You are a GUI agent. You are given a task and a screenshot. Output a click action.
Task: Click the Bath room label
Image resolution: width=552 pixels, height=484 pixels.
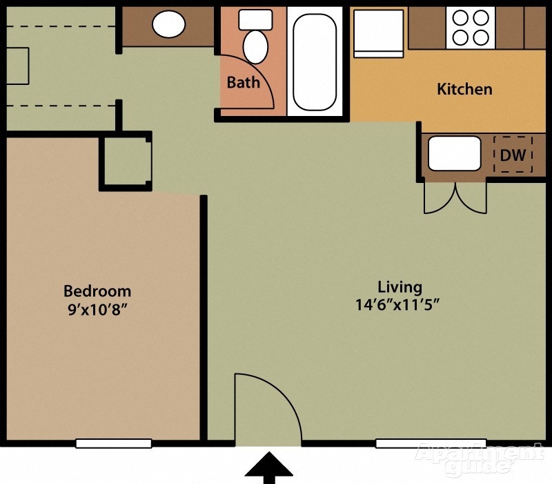tap(244, 82)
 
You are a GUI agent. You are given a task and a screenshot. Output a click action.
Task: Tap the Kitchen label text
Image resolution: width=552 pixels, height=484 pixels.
tap(464, 89)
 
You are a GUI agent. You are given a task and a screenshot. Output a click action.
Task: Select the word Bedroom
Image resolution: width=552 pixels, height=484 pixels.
tap(97, 291)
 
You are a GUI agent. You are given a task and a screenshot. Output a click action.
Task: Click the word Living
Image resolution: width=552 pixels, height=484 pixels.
tap(400, 287)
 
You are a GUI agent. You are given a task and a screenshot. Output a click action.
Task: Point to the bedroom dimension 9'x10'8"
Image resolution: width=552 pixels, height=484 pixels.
tap(97, 309)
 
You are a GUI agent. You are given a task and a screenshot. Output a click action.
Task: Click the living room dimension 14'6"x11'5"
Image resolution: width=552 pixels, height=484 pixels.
tap(398, 304)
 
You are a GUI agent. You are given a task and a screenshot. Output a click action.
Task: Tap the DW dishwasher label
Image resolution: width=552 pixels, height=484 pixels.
tap(513, 155)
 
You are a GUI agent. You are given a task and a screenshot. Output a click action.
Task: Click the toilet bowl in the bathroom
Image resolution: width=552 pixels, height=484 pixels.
tap(255, 47)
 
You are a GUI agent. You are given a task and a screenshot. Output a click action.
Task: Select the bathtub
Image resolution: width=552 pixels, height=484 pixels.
tap(315, 61)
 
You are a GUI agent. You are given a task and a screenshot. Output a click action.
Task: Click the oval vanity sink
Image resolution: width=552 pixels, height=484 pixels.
tap(168, 24)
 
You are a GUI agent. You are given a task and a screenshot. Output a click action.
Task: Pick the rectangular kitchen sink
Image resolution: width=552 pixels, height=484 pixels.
tap(455, 153)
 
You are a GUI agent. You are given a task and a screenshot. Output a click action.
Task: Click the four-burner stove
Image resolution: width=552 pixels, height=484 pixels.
tap(471, 28)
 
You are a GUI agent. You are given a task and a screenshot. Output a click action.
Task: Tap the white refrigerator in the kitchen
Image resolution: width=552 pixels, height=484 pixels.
tap(378, 33)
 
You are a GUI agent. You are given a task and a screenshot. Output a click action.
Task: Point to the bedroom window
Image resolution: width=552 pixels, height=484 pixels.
tap(114, 443)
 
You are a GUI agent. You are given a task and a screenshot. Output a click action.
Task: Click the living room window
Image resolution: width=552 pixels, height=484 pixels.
tap(431, 443)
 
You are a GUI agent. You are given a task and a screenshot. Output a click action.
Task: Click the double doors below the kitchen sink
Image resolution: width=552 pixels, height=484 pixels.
tap(455, 197)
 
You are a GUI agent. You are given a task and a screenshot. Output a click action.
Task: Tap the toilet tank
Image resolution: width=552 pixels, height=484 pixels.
tap(255, 20)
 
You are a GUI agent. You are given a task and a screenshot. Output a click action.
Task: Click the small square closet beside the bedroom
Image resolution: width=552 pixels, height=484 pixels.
tap(126, 161)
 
